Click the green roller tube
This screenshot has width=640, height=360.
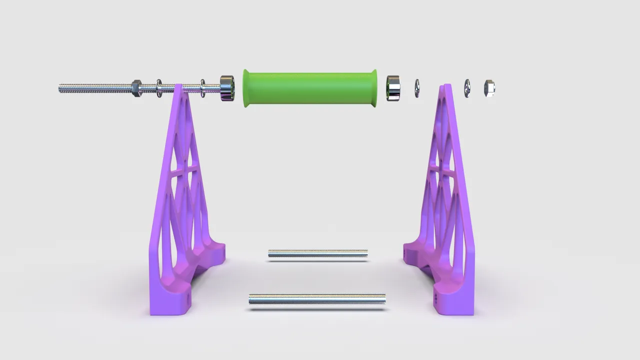pos(310,88)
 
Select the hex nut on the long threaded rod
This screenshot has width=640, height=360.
pos(136,88)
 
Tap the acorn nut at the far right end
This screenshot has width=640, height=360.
pos(489,88)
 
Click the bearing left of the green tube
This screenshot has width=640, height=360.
pos(227,88)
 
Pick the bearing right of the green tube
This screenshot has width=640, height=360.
pos(393,88)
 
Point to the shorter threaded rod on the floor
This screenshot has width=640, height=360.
pos(317,254)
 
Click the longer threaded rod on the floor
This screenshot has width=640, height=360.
pos(317,299)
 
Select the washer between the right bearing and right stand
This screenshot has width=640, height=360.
pos(417,88)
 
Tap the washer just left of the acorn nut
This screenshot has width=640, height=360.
pos(467,88)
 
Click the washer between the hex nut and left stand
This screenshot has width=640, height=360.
pos(159,88)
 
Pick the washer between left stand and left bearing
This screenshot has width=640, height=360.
pos(203,88)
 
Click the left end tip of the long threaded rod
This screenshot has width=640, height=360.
pos(60,88)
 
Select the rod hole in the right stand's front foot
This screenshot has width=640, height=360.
pos(436,298)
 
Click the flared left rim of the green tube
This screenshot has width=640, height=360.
pos(246,88)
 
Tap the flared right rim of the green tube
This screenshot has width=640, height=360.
pos(374,88)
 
